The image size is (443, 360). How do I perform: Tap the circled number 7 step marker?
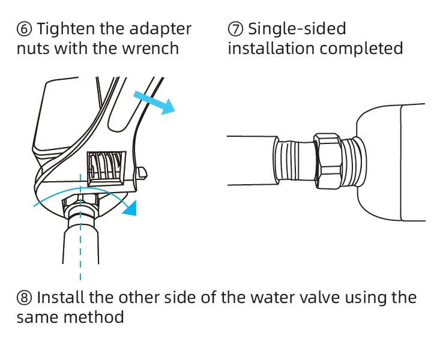[235, 29]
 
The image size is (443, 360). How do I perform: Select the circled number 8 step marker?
[25, 298]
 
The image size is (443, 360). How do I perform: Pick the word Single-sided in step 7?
[297, 29]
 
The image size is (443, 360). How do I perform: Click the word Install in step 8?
[62, 298]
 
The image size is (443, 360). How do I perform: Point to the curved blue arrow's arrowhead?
[131, 208]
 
